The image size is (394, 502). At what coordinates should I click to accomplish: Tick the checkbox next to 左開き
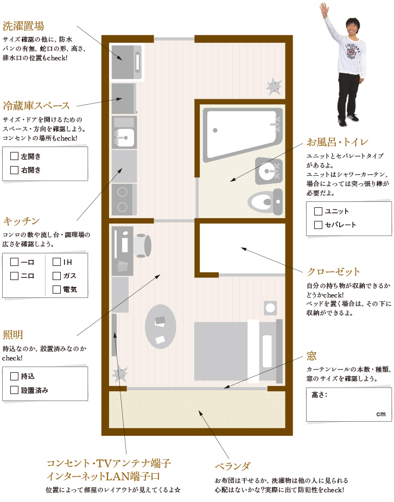click(14, 156)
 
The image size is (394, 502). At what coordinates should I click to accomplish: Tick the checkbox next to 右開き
click(14, 170)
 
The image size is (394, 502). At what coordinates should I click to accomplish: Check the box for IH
click(56, 262)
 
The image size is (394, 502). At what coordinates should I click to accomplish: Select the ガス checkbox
click(56, 276)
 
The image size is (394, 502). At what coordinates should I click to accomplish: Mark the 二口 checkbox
click(14, 276)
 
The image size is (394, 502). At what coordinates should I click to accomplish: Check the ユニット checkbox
click(318, 211)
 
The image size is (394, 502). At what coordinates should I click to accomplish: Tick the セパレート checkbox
click(318, 225)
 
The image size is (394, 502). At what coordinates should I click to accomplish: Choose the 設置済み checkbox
click(14, 390)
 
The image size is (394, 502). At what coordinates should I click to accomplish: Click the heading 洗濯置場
click(23, 26)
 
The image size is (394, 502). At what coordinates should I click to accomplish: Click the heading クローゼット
click(333, 272)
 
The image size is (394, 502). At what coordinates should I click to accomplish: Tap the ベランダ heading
click(232, 466)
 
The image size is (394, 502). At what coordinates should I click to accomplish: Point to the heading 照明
click(13, 335)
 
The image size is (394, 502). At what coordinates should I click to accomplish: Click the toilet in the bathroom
click(265, 202)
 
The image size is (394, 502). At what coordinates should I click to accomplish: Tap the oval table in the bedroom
click(160, 326)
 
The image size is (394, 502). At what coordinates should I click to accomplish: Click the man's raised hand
click(324, 9)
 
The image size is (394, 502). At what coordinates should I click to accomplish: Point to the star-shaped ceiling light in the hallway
click(274, 86)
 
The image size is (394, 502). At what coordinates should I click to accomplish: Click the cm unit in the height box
click(381, 414)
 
